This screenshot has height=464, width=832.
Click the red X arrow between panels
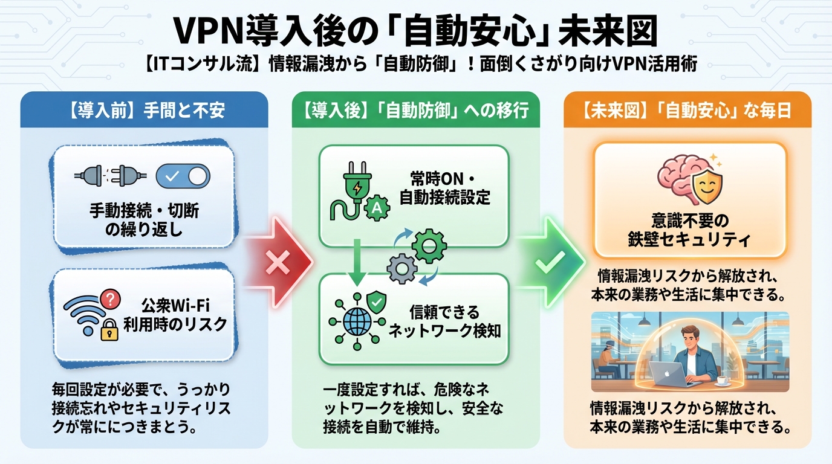pos(278,263)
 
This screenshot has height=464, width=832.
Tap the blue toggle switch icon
pos(183,176)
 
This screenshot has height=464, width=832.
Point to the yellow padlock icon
pos(109,331)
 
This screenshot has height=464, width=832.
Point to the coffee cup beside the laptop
pos(721,379)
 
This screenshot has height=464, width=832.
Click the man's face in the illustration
pos(688,339)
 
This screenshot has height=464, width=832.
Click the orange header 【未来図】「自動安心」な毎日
pos(687,111)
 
